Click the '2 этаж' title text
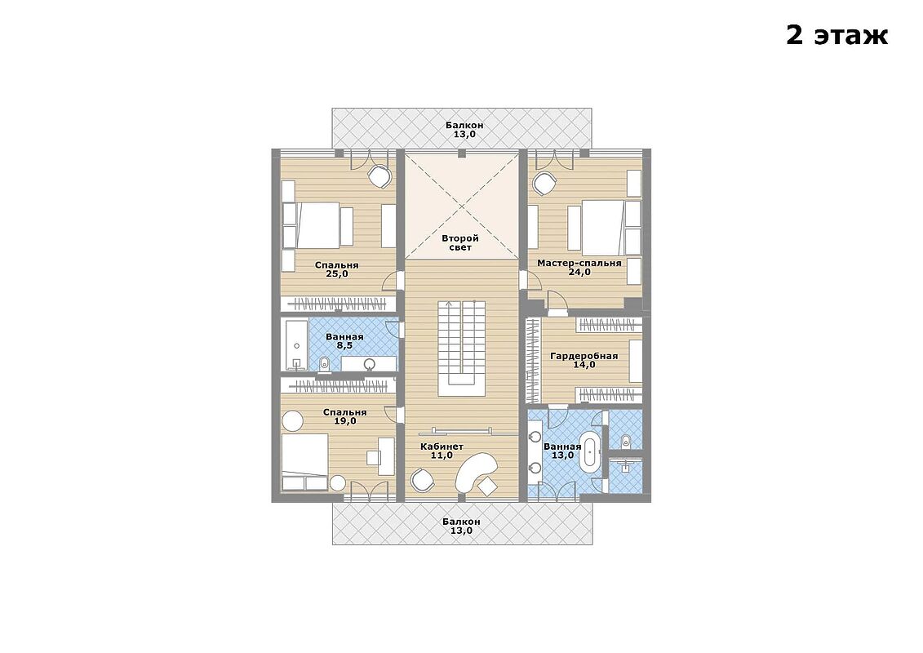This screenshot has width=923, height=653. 836,35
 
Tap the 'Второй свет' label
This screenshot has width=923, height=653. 460,243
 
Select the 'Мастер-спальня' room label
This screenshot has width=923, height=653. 579,263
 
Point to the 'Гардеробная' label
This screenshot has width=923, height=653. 584,356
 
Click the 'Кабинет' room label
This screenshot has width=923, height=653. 442,446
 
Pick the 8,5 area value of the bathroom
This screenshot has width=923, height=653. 344,345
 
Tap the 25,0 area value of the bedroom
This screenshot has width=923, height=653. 337,273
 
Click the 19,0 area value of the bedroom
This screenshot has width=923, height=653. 345,421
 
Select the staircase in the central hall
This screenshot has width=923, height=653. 462,349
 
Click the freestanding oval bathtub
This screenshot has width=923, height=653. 589,451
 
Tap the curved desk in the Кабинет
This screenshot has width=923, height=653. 477,470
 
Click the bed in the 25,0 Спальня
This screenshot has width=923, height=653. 319,225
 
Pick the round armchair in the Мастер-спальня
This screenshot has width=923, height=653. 544,183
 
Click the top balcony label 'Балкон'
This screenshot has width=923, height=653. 464,125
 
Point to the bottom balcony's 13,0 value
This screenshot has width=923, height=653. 462,531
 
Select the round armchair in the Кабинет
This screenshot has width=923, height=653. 423,479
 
